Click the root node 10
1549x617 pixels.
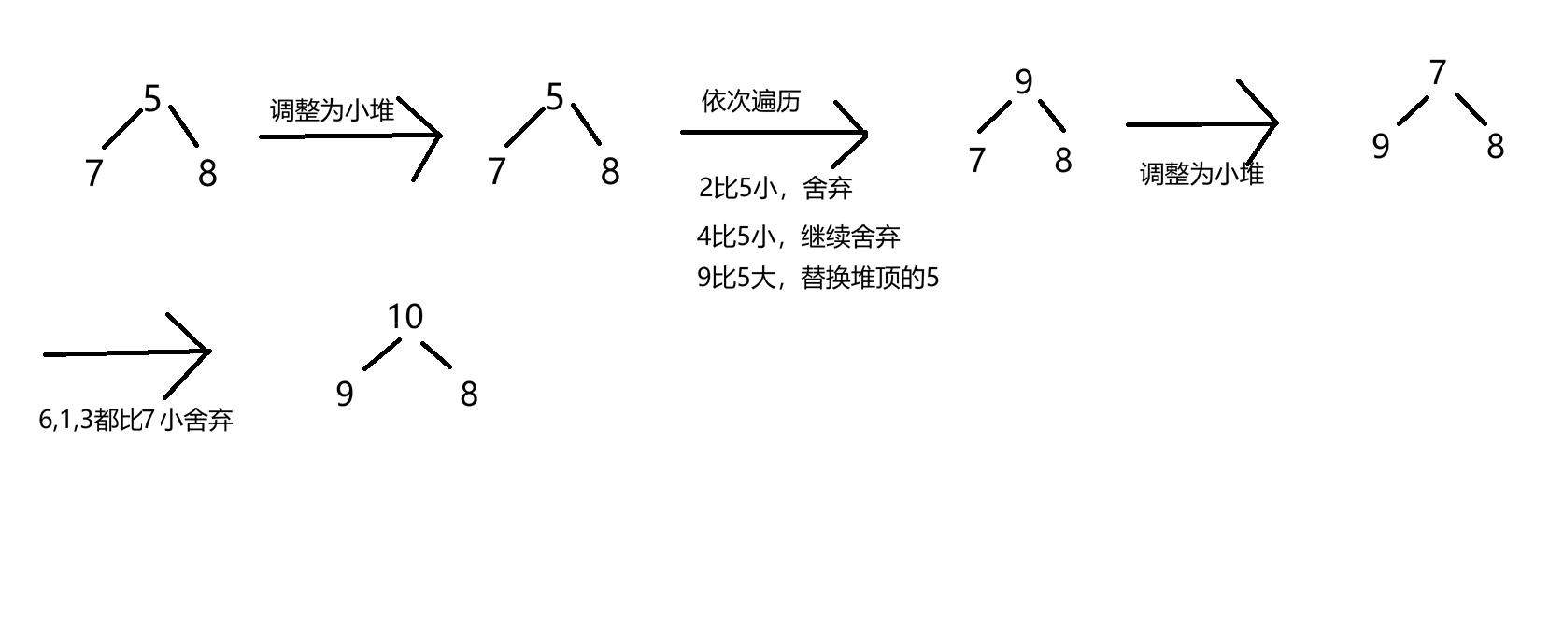405,317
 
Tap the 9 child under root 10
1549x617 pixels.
345,394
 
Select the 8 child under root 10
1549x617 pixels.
469,394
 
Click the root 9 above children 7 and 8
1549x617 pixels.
1024,82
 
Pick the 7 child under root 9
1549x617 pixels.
977,160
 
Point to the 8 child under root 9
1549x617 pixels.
1063,160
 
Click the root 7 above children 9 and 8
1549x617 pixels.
1438,72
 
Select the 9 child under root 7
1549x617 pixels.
1381,146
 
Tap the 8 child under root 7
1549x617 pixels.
1496,146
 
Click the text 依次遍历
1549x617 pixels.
751,101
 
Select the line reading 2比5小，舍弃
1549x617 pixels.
775,189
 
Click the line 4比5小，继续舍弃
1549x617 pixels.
798,237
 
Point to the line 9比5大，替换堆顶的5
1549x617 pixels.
817,278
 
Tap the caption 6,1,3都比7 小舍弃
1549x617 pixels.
135,421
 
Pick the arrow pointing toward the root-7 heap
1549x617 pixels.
1201,123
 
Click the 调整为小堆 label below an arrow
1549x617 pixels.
1201,174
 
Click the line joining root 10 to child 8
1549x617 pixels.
436,354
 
